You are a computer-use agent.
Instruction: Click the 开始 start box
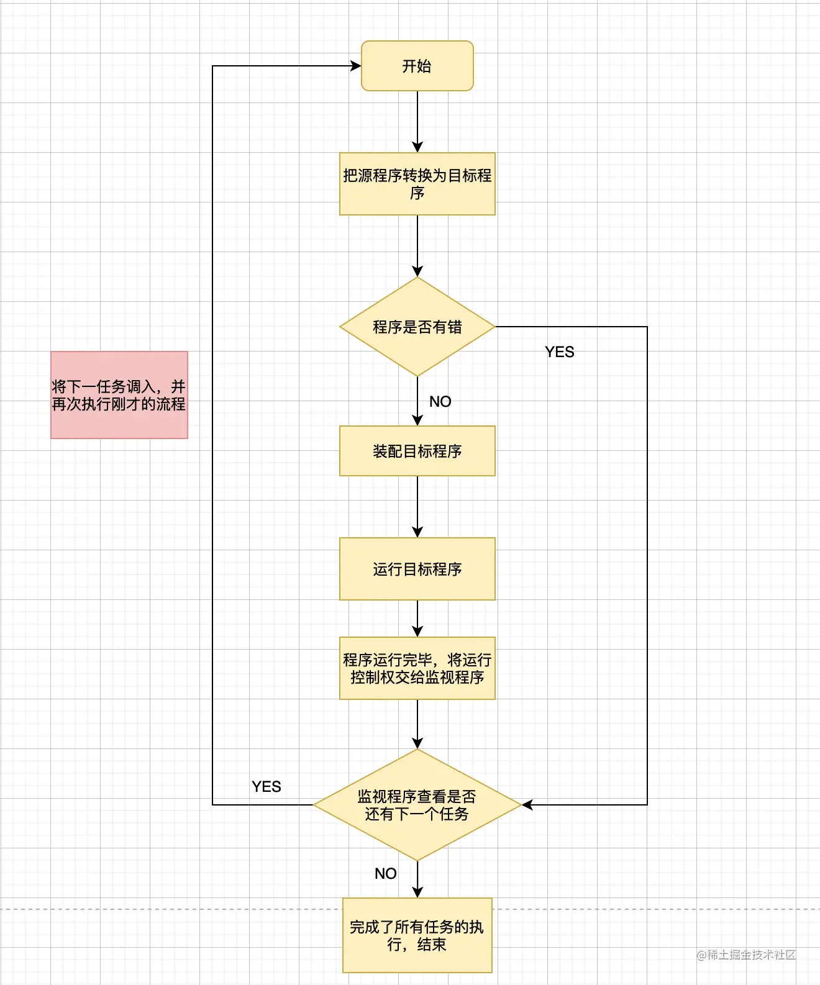[x=417, y=66]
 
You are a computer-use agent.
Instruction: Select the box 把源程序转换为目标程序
[x=417, y=184]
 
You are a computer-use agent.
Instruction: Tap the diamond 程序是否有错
[x=417, y=327]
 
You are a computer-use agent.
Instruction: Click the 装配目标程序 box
[x=417, y=451]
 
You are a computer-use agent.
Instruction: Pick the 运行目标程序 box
[x=417, y=569]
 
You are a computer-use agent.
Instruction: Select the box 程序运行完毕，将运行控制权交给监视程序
[x=417, y=668]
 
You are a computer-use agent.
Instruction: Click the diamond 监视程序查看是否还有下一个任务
[x=417, y=805]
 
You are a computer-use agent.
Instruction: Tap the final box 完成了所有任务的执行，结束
[x=417, y=935]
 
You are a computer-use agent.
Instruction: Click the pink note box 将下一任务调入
[x=119, y=395]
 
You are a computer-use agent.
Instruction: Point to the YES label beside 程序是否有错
[x=559, y=352]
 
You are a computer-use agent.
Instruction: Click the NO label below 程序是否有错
[x=440, y=402]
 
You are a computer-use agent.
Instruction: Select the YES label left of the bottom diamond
[x=266, y=787]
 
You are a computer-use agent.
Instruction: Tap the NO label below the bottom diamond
[x=385, y=874]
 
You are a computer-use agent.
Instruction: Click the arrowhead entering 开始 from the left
[x=356, y=66]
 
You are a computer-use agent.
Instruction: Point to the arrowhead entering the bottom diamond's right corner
[x=527, y=805]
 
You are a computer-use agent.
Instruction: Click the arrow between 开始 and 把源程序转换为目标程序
[x=417, y=121]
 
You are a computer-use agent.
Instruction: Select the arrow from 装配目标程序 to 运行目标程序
[x=417, y=506]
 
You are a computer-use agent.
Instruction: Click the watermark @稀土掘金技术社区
[x=745, y=955]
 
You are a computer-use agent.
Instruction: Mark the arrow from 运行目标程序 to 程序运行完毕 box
[x=417, y=618]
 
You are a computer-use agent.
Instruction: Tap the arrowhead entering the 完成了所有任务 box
[x=417, y=892]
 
